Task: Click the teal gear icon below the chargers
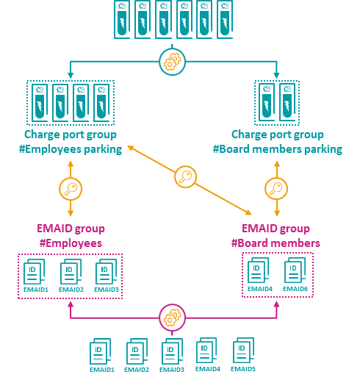172,62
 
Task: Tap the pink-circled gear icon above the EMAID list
172,318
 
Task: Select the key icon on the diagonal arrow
185,176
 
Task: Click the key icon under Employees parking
71,189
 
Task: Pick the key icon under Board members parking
276,189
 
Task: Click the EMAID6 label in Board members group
295,289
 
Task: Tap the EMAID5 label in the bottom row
243,369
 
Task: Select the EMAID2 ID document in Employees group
71,271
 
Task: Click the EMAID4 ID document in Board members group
258,270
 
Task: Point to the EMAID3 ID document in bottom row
172,351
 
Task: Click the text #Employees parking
71,149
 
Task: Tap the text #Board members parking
278,149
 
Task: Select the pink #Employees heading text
71,243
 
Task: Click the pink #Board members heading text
276,243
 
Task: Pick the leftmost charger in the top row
122,19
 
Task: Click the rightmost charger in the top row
225,19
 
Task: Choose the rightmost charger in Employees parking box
101,103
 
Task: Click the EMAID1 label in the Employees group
36,290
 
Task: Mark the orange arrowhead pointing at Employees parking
130,148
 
